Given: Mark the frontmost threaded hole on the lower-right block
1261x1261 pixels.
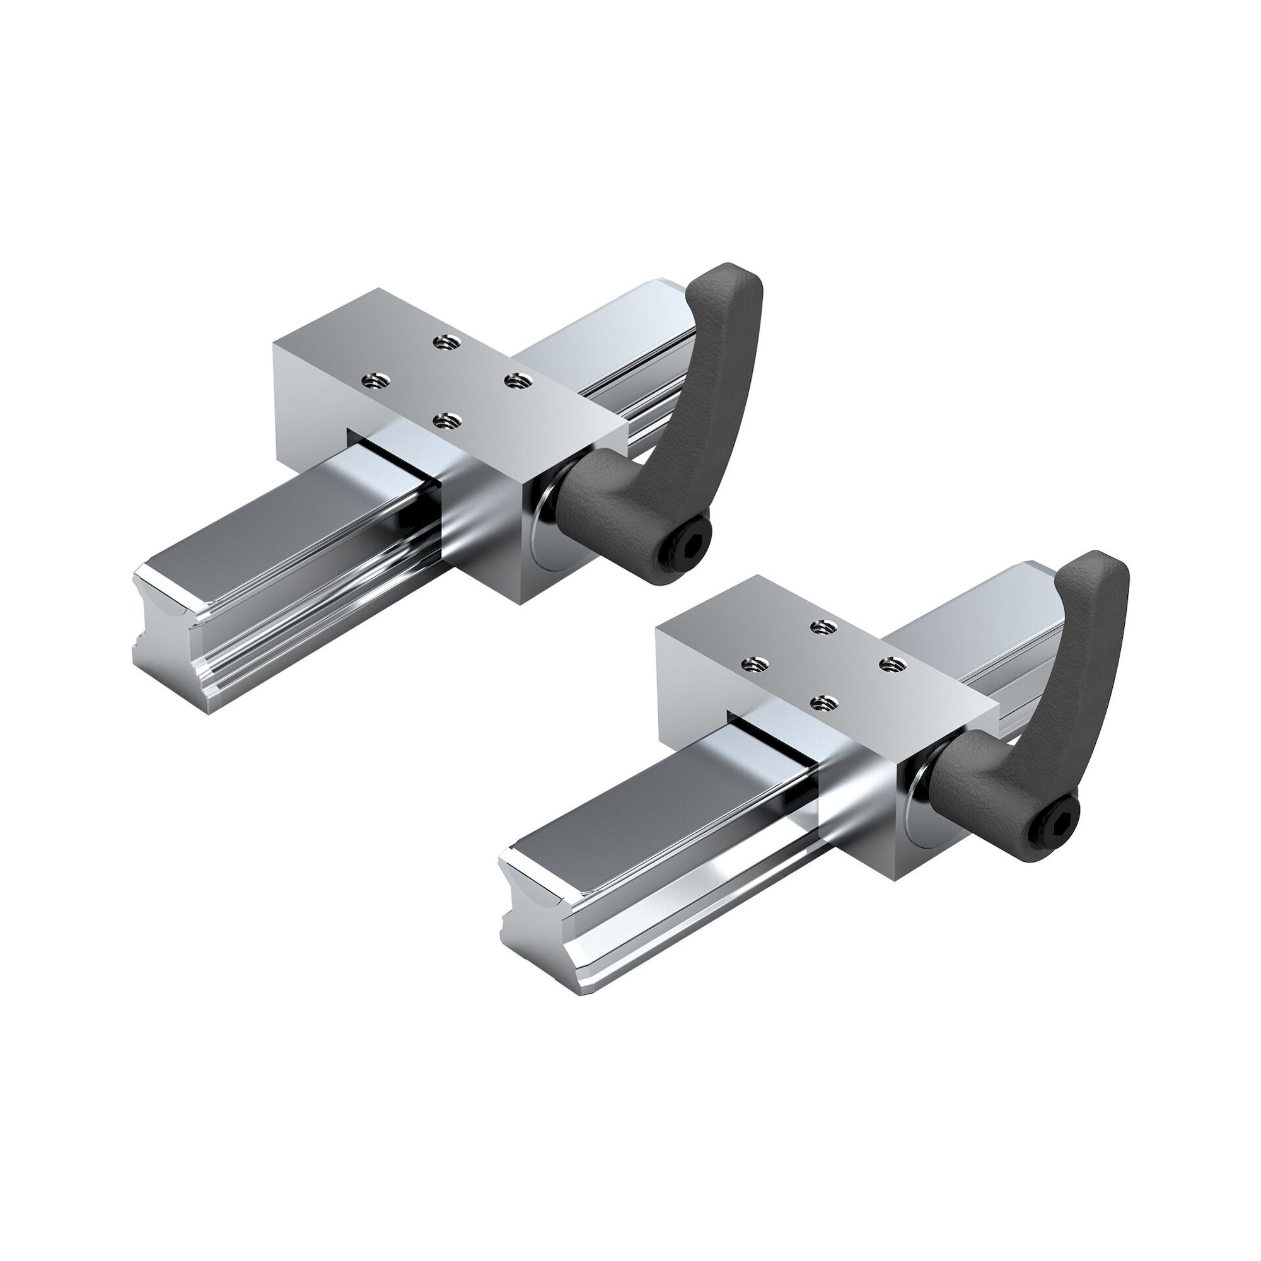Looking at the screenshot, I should point(820,702).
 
